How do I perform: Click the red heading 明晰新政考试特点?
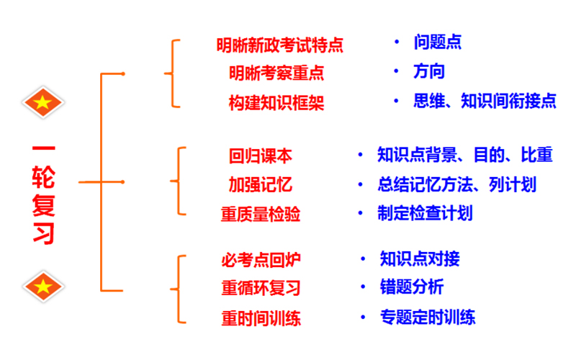(x=279, y=45)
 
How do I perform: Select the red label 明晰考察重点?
(x=276, y=73)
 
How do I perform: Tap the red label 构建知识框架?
(x=276, y=102)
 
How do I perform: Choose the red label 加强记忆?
(x=260, y=184)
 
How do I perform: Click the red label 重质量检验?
(x=260, y=214)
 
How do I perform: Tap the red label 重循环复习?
(x=261, y=288)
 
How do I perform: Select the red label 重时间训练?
(x=261, y=318)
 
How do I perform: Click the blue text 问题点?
(x=438, y=42)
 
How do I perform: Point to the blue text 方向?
(x=429, y=71)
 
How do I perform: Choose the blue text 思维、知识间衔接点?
(x=485, y=101)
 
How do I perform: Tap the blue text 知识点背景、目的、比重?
(x=464, y=155)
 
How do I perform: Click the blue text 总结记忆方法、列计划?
(x=456, y=184)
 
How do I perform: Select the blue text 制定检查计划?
(x=425, y=213)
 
